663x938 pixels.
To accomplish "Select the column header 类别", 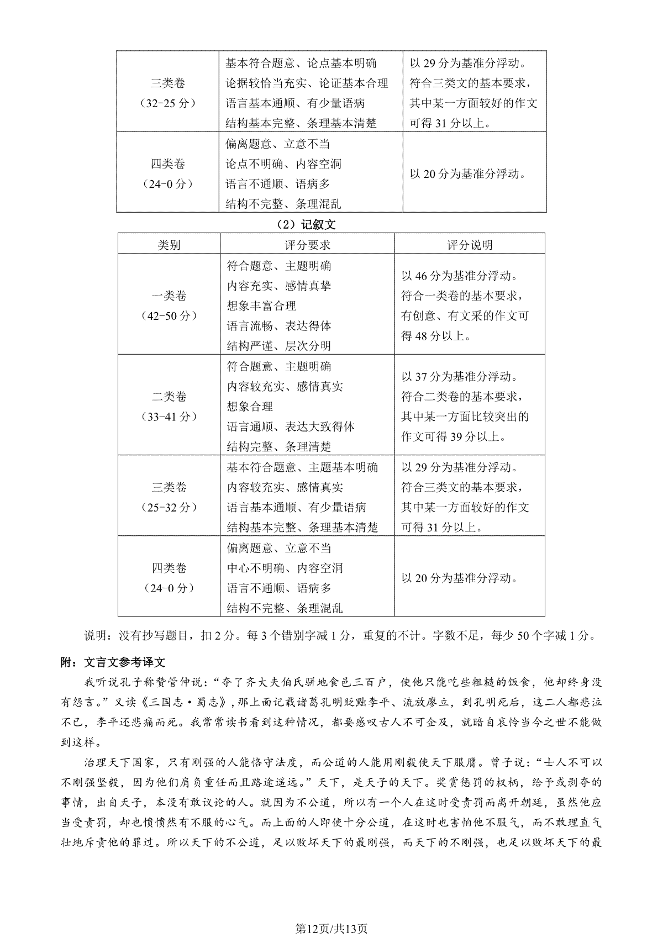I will (169, 245).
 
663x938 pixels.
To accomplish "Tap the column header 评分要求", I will (307, 245).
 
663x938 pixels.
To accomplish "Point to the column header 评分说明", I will (470, 245).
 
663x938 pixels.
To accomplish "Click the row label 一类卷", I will (169, 296).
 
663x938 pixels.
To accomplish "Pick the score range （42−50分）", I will (169, 316).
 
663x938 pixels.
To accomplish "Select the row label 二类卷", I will (169, 397).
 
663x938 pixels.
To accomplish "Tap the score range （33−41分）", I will (169, 417).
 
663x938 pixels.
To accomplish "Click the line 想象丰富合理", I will (261, 306).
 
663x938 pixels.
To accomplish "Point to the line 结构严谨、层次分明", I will (279, 346).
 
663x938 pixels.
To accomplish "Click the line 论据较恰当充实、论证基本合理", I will (307, 83).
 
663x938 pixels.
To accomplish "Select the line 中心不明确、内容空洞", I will (285, 568).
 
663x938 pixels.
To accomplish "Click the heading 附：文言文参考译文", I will (113, 662).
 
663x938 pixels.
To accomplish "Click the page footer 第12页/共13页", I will (331, 914).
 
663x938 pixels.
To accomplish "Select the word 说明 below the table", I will (95, 635).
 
